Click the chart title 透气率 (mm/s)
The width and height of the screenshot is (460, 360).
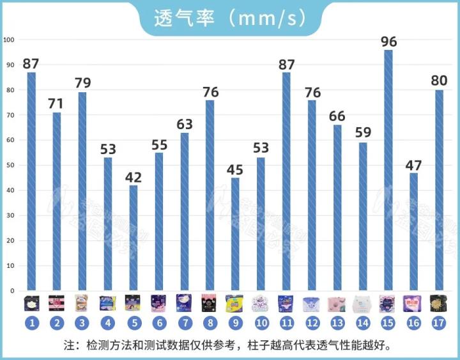229,17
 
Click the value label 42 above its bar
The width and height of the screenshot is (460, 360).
134,178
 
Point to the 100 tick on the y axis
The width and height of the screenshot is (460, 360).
8,40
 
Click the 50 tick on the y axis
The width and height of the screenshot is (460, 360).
8,165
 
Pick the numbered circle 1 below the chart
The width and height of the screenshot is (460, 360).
31,324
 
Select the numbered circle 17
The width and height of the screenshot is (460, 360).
439,324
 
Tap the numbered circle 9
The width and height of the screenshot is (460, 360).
235,324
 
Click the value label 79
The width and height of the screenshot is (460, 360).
82,83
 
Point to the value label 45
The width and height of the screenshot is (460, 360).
235,170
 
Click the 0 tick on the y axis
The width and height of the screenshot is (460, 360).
11,290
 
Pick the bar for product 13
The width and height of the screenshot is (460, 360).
337,207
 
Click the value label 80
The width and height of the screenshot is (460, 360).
439,81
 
